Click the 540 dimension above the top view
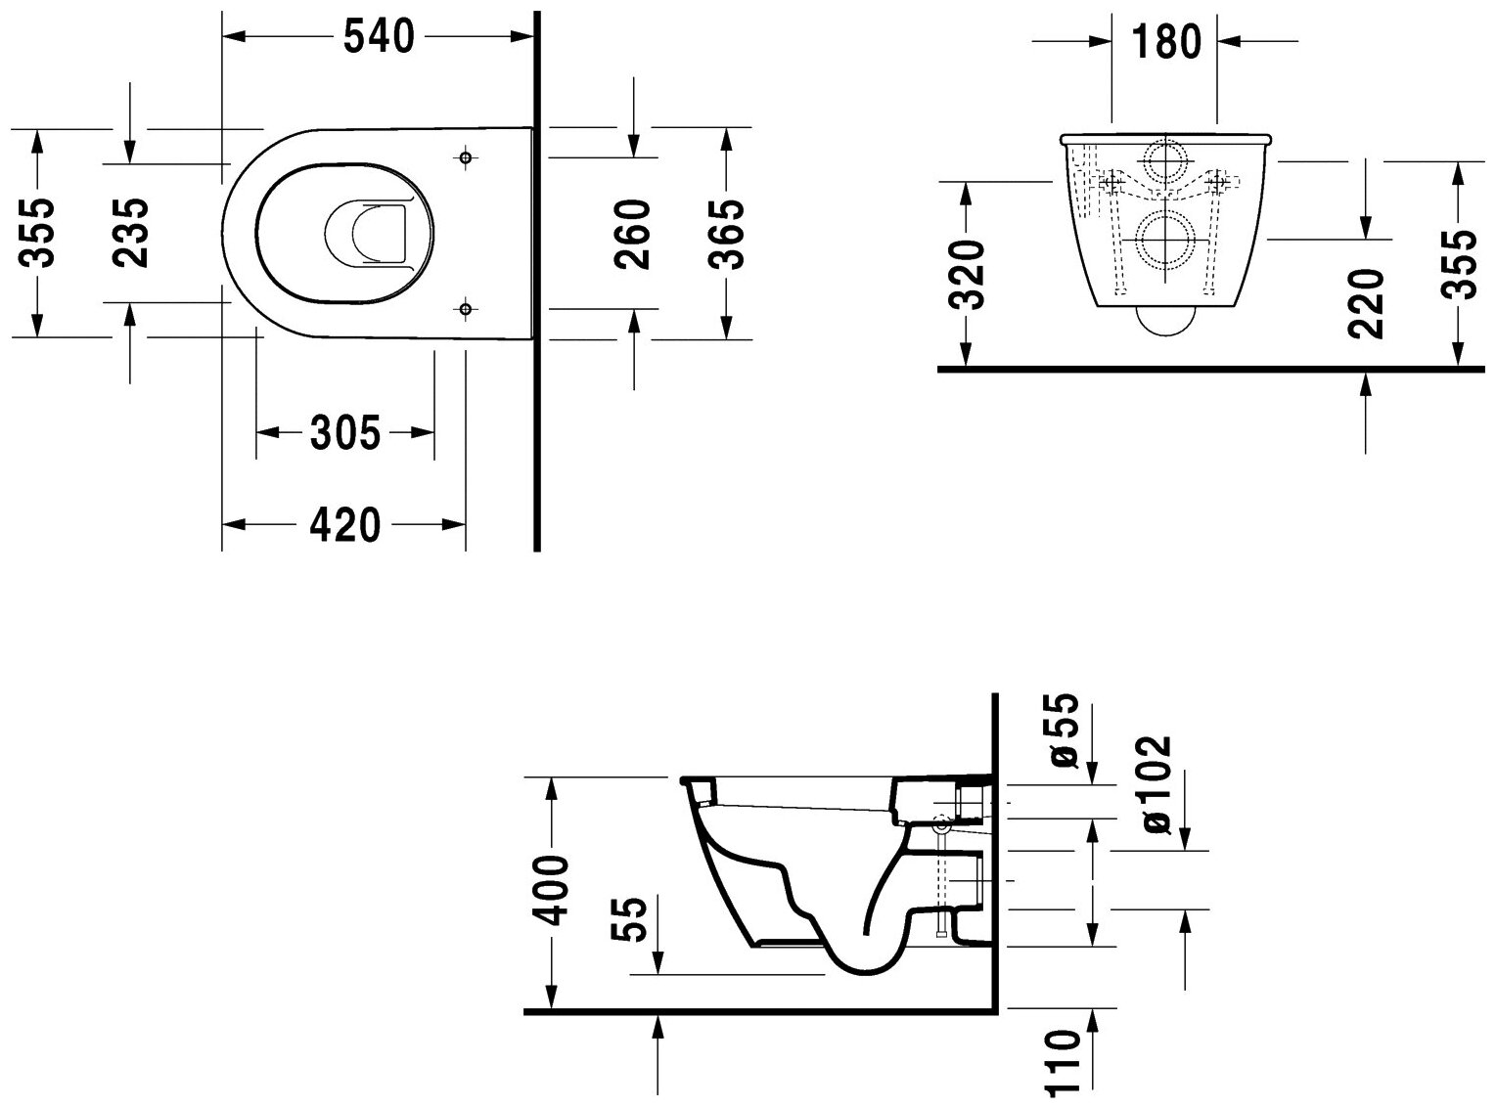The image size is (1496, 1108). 380,37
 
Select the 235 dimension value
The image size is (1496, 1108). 130,233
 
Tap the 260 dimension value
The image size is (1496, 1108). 633,234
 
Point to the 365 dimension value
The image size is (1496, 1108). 726,234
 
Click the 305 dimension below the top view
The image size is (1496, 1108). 344,432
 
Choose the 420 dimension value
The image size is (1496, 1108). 344,526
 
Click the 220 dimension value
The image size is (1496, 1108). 1367,304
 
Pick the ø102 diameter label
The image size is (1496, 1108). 1155,784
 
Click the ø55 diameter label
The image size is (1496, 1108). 1065,731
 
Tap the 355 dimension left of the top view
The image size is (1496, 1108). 37,233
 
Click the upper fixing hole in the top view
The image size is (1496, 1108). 465,157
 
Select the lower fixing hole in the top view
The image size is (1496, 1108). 465,309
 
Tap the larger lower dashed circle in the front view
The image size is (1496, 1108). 1164,241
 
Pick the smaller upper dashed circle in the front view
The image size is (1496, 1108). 1164,160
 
